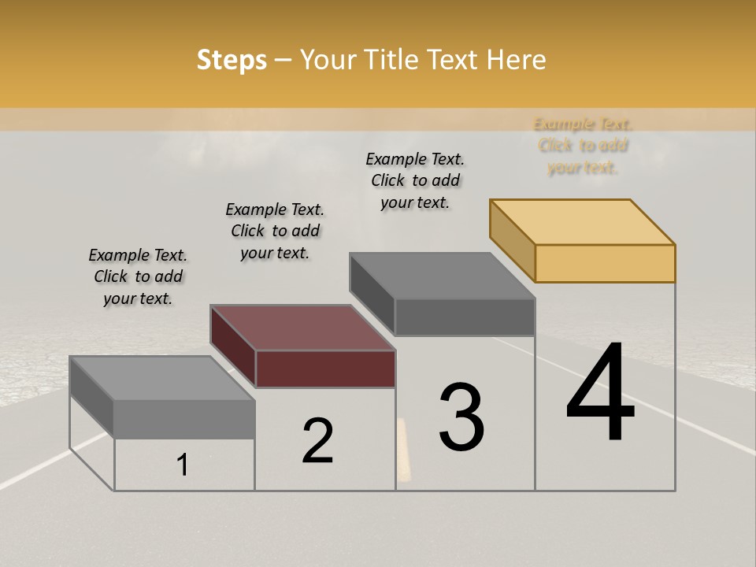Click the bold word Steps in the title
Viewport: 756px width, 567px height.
[x=232, y=60]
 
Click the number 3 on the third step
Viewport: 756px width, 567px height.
[x=461, y=417]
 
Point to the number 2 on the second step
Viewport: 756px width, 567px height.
[x=318, y=440]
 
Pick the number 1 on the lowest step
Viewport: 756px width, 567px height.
[x=183, y=465]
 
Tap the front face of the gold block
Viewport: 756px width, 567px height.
[x=605, y=263]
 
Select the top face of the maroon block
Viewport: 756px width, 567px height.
[x=302, y=327]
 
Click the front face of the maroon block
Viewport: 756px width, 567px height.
[x=325, y=369]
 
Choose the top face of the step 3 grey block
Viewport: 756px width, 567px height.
[x=443, y=276]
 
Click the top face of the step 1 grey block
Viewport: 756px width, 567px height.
[x=162, y=378]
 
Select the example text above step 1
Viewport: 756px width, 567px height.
[x=138, y=276]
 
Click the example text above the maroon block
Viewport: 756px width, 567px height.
[x=275, y=231]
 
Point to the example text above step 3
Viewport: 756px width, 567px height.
[x=415, y=180]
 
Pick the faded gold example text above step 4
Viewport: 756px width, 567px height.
[x=583, y=146]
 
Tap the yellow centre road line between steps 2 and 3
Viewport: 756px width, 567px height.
[x=403, y=449]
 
